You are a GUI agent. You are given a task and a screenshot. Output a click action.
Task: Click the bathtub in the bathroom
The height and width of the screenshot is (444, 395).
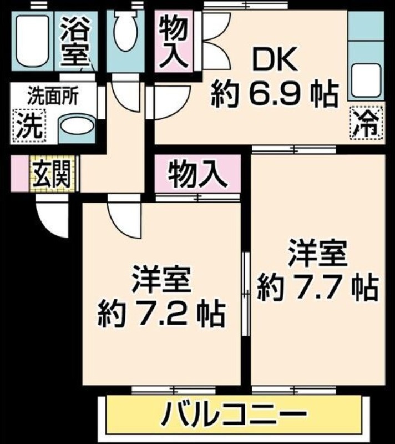(31, 42)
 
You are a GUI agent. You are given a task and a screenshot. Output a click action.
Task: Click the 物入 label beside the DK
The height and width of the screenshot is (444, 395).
(174, 42)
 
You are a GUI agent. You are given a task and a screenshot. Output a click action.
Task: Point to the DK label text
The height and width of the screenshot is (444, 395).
(274, 60)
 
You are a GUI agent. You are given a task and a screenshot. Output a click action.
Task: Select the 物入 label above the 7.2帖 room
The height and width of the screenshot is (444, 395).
(198, 174)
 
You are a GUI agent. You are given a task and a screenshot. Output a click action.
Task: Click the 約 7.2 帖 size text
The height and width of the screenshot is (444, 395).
(161, 314)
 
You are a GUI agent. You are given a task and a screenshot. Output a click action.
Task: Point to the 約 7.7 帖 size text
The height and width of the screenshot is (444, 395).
(317, 287)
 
